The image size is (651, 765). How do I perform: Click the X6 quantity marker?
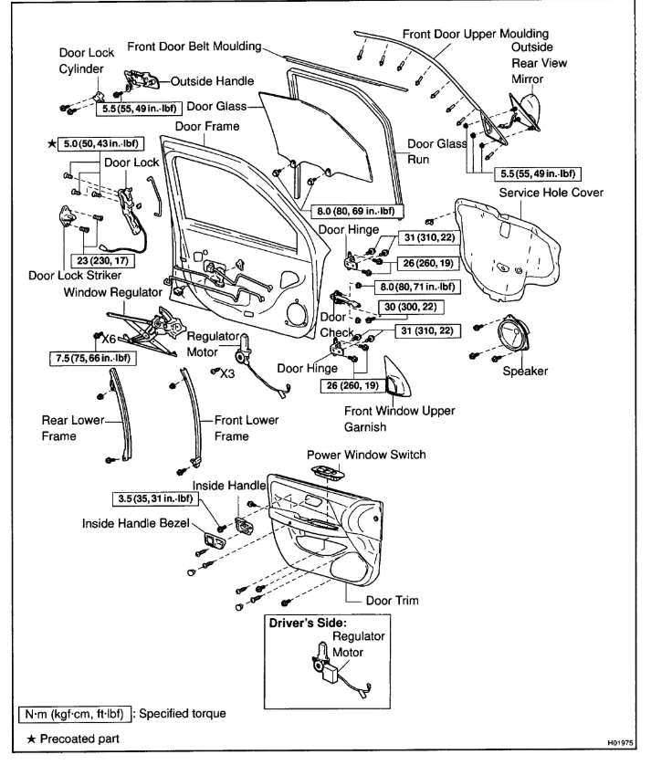109,338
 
